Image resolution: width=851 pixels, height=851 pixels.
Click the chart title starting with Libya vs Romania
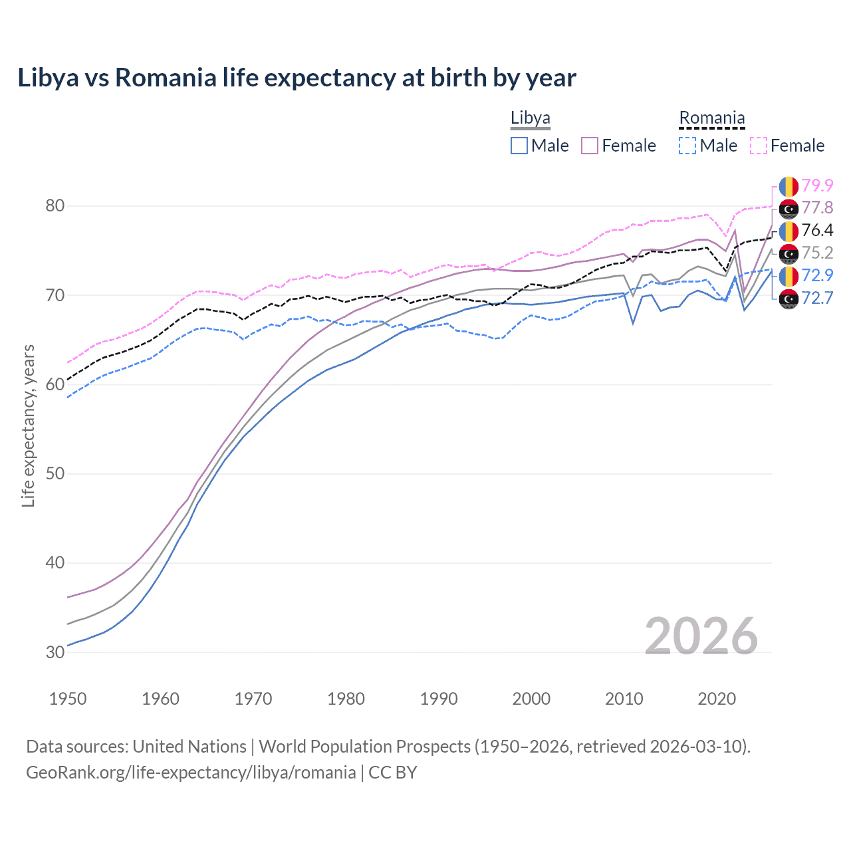click(x=297, y=78)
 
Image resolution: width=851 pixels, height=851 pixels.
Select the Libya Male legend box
click(x=519, y=146)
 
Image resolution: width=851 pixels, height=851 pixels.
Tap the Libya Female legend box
click(x=590, y=146)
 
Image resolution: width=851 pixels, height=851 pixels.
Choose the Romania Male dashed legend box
click(x=687, y=146)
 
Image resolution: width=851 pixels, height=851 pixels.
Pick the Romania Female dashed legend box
click(x=759, y=146)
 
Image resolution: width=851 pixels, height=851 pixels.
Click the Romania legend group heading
click(x=711, y=118)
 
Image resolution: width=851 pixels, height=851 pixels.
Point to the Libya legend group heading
click(x=530, y=118)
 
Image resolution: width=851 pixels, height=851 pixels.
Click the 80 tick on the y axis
click(x=55, y=205)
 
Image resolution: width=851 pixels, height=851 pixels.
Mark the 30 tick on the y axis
click(x=55, y=652)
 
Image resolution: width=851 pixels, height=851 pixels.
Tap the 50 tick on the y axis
click(x=55, y=474)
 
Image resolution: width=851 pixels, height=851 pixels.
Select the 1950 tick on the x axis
click(x=68, y=699)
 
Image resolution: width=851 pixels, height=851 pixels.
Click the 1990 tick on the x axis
click(x=439, y=699)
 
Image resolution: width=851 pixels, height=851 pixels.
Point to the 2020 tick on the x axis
click(x=717, y=699)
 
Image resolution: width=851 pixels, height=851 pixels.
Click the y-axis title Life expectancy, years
click(x=28, y=425)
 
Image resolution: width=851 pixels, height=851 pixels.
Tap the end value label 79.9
click(x=817, y=185)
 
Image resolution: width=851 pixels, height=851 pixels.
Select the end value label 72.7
click(x=817, y=298)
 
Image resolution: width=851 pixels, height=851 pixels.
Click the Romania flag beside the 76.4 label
click(x=789, y=231)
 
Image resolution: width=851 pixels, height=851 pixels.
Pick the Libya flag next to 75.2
click(x=789, y=254)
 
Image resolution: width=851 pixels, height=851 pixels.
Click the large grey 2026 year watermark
click(x=701, y=636)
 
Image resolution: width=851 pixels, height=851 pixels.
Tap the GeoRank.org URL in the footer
click(x=191, y=772)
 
